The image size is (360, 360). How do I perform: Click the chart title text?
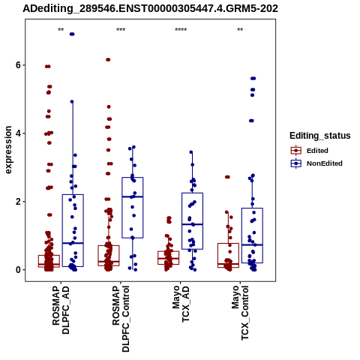point(150,9)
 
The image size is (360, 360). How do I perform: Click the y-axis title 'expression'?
point(8,150)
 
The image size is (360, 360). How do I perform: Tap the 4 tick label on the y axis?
point(18,133)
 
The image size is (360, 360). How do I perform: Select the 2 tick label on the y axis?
point(18,202)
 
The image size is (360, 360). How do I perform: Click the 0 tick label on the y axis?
point(18,270)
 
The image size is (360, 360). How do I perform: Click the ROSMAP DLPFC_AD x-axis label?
point(61,310)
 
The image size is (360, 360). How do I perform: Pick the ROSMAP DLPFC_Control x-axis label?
point(121,319)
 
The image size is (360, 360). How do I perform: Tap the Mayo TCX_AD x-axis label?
point(181,304)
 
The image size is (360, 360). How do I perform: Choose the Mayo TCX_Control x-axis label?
point(240,313)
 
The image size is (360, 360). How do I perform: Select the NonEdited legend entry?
point(316,163)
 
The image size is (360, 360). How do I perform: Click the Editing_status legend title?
point(320,136)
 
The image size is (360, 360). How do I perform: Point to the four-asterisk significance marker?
point(181,30)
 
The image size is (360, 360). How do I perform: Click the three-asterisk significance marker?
point(121,30)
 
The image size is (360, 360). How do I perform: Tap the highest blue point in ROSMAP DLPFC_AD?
point(72,34)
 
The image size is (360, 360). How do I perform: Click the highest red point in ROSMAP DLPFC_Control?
point(108,59)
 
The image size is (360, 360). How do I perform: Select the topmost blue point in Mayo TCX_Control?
point(253,79)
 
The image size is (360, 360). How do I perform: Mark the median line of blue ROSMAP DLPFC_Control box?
point(133,196)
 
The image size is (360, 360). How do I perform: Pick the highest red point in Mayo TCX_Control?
point(227,177)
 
